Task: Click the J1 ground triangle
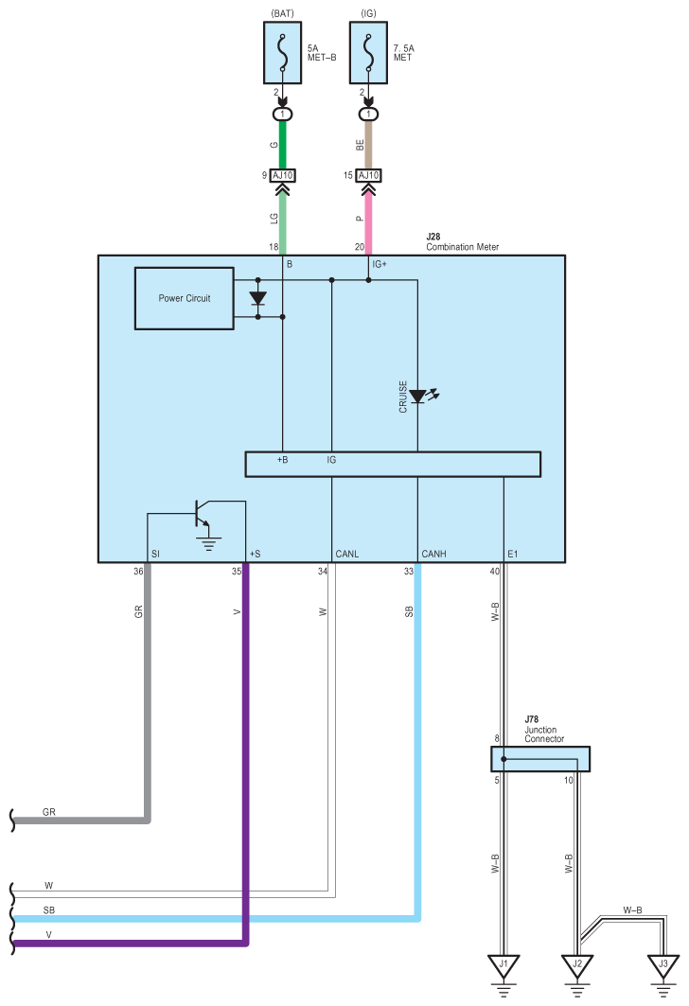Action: [x=503, y=965]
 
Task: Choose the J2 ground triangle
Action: [x=577, y=965]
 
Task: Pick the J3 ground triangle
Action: [x=663, y=965]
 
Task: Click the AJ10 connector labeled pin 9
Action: [x=282, y=175]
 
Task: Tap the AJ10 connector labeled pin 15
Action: [x=368, y=175]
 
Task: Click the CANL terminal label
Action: [x=347, y=554]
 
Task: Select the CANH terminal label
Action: [x=433, y=554]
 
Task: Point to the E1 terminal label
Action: [x=513, y=554]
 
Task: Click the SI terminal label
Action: [x=155, y=554]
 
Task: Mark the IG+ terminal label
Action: [x=380, y=264]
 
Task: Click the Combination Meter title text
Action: [x=463, y=247]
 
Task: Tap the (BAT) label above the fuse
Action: [x=282, y=13]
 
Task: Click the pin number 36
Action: [x=138, y=571]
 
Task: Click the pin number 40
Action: [x=494, y=571]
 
